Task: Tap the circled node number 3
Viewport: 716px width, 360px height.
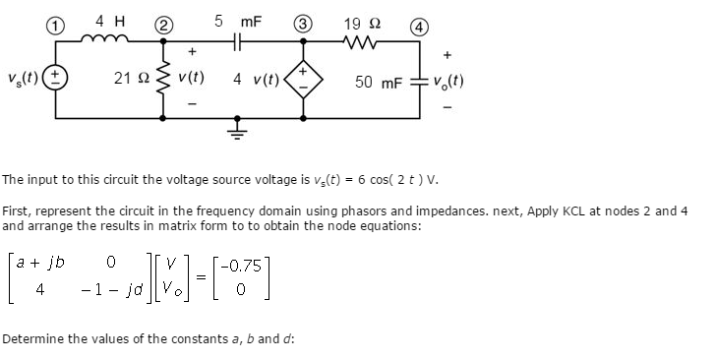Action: click(x=306, y=22)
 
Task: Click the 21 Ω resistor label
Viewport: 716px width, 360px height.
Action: click(x=130, y=76)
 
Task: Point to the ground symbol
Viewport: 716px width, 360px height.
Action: click(x=237, y=127)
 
